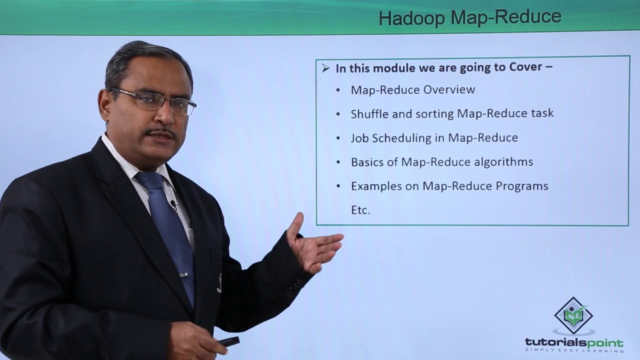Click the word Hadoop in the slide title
pyautogui.click(x=412, y=18)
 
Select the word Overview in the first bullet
pyautogui.click(x=449, y=90)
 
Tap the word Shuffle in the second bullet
pyautogui.click(x=369, y=113)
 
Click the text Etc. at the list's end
pyautogui.click(x=360, y=210)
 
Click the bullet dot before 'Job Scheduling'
pyautogui.click(x=338, y=138)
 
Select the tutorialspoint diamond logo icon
pyautogui.click(x=573, y=315)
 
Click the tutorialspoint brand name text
pyautogui.click(x=573, y=343)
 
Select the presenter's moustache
pyautogui.click(x=160, y=133)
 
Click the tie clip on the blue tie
pyautogui.click(x=184, y=274)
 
